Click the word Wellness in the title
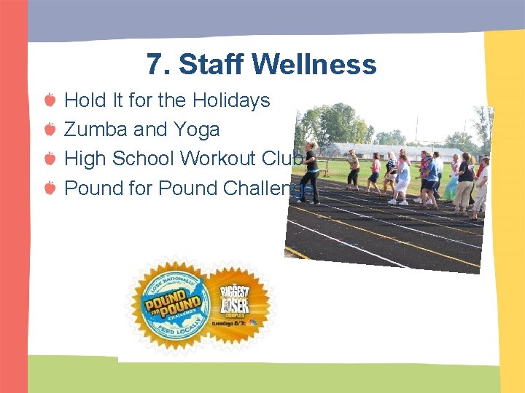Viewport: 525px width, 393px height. [314, 64]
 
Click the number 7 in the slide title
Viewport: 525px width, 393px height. [154, 64]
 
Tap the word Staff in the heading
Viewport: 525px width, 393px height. [211, 64]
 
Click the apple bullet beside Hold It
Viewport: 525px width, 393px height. [49, 100]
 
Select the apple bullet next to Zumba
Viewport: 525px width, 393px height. [49, 130]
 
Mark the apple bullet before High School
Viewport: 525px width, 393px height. [49, 159]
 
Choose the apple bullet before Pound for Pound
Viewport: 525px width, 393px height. [49, 188]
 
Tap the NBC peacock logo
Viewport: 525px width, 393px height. [252, 322]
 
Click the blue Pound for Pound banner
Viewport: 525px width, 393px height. [173, 306]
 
